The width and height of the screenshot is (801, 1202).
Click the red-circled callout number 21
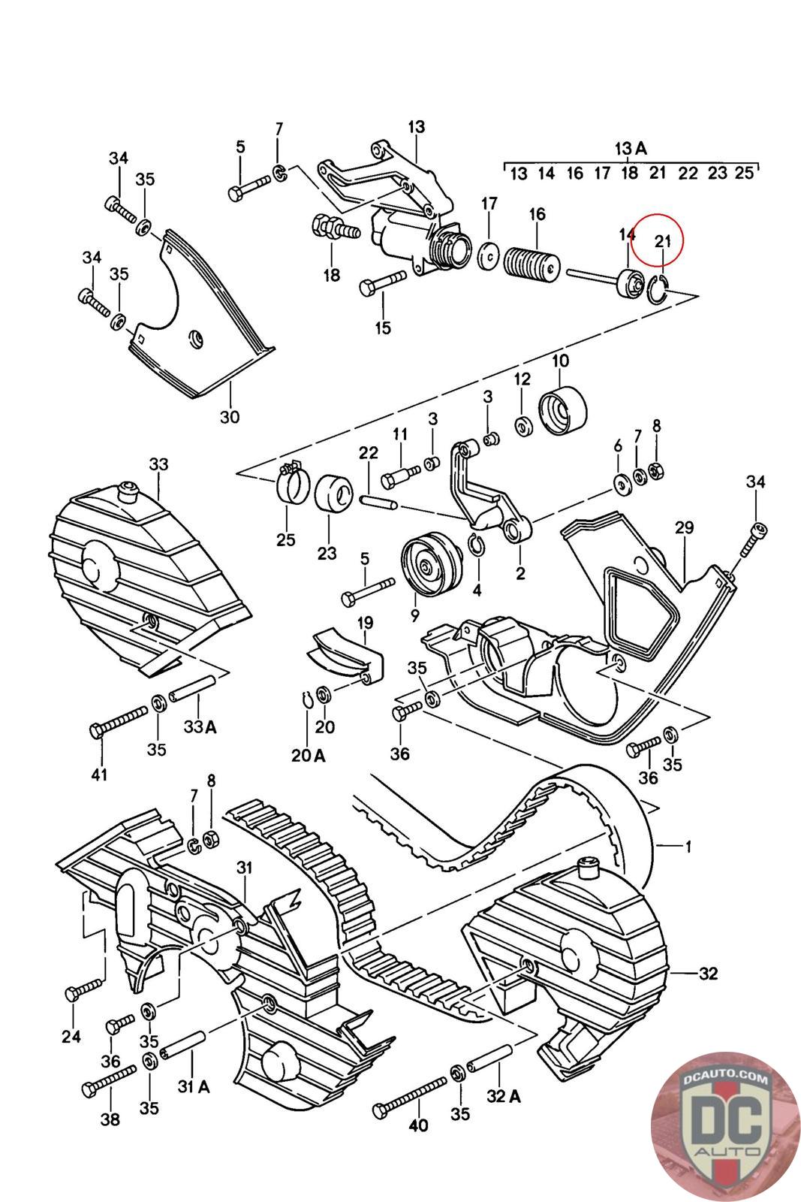[663, 241]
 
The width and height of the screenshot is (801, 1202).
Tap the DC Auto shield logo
[725, 1126]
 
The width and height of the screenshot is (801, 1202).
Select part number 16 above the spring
[537, 214]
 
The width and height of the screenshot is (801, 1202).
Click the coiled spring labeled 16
[531, 264]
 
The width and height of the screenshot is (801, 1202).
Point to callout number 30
[230, 416]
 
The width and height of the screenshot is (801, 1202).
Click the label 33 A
[200, 726]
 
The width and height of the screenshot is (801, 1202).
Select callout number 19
[365, 623]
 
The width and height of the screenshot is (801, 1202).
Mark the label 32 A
[504, 1096]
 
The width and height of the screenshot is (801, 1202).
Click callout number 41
[99, 774]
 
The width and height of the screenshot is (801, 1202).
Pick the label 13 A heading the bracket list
[631, 147]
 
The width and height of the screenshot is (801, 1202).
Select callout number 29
[684, 528]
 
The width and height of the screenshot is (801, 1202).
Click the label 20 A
[309, 755]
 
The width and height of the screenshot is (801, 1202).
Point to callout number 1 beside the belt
[688, 847]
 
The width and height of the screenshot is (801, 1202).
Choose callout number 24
[71, 1036]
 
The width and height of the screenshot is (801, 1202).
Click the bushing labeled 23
[333, 494]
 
